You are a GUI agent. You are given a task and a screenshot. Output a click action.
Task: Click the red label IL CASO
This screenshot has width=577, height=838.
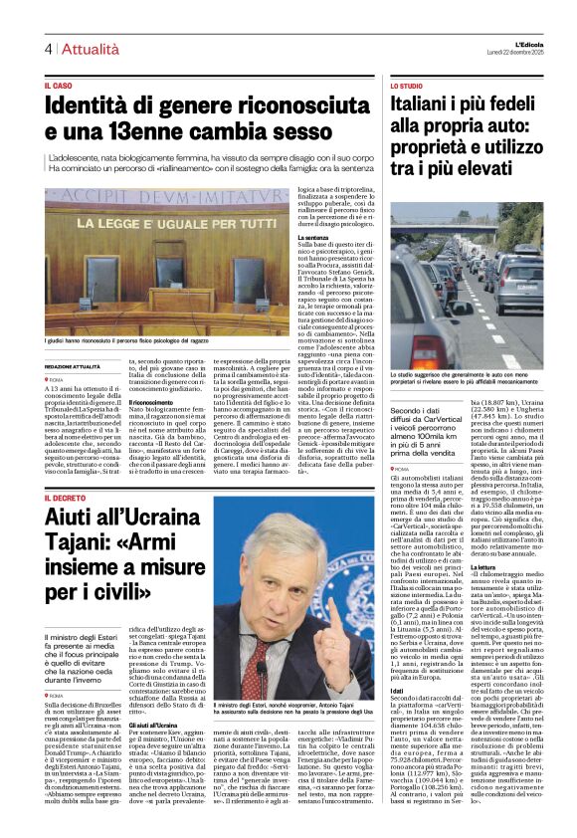(59, 87)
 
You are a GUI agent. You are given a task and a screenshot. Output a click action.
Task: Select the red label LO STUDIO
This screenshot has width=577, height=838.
(406, 87)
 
